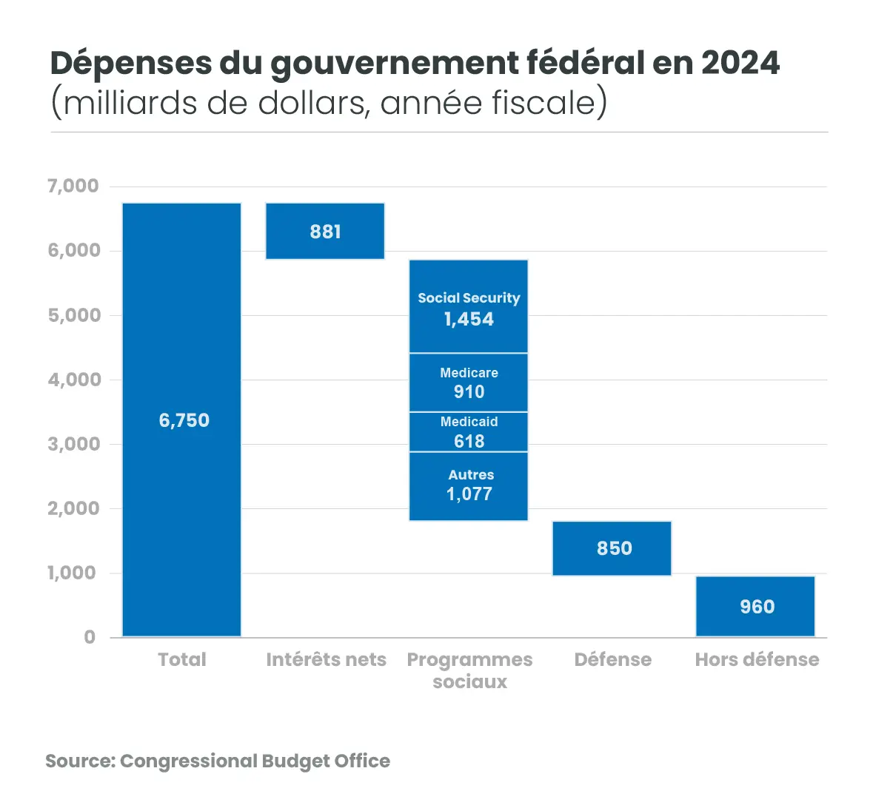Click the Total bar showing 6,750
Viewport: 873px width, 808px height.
[x=181, y=420]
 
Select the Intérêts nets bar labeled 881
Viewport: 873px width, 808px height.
[x=325, y=231]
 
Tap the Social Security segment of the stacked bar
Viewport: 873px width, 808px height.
[x=469, y=306]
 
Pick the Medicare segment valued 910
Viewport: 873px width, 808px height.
[x=469, y=383]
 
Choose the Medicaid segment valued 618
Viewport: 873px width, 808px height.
[x=469, y=431]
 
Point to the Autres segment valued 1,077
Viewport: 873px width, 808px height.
[x=469, y=486]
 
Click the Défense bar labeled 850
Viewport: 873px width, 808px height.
[x=612, y=548]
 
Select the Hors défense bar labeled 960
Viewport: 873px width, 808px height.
[x=755, y=606]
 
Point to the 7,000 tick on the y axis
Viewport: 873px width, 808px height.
[x=73, y=186]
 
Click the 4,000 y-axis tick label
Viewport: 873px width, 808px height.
[x=73, y=380]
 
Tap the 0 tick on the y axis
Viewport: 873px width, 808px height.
[x=90, y=637]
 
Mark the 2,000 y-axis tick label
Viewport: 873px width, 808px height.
[x=73, y=508]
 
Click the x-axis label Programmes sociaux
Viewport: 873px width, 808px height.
[x=469, y=670]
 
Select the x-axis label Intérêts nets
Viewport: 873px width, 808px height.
[x=326, y=659]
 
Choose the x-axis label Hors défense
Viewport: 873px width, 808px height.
[x=757, y=659]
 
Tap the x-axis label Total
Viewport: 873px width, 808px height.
[x=182, y=659]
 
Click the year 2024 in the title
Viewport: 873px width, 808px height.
[x=740, y=63]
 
